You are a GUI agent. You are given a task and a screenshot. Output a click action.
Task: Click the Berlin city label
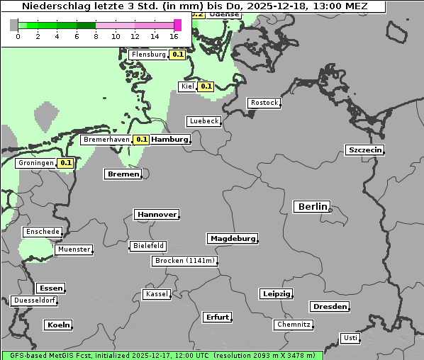pyautogui.click(x=312, y=207)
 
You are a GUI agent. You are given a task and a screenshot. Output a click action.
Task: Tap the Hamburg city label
pyautogui.click(x=170, y=140)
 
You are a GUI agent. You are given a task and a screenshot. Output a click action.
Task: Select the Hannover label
pyautogui.click(x=156, y=215)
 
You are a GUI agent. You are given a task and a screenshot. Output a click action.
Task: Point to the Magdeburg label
pyautogui.click(x=233, y=239)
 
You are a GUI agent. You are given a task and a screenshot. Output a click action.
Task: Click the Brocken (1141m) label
pyautogui.click(x=184, y=261)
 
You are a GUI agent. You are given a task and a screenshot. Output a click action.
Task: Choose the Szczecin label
pyautogui.click(x=365, y=150)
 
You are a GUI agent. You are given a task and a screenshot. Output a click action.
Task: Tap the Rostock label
pyautogui.click(x=264, y=103)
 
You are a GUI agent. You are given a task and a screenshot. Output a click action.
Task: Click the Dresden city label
pyautogui.click(x=329, y=307)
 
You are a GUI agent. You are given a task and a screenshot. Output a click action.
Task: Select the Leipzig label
pyautogui.click(x=277, y=294)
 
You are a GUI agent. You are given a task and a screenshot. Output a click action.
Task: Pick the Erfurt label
pyautogui.click(x=217, y=317)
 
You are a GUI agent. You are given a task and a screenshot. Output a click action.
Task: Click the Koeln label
pyautogui.click(x=58, y=325)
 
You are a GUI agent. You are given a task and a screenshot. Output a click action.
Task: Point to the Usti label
pyautogui.click(x=350, y=338)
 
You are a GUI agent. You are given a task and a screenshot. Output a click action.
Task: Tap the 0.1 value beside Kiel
pyautogui.click(x=206, y=86)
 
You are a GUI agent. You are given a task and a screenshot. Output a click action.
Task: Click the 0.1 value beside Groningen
pyautogui.click(x=66, y=163)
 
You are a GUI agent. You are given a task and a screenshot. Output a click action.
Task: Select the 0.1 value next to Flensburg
pyautogui.click(x=177, y=55)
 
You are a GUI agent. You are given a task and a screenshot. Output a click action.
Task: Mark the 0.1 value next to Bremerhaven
pyautogui.click(x=141, y=140)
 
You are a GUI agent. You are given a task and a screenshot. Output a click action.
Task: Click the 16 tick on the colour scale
pyautogui.click(x=174, y=36)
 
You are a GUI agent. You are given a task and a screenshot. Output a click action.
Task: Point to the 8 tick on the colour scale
pyautogui.click(x=96, y=36)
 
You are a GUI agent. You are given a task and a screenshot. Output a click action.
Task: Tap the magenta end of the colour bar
pyautogui.click(x=177, y=26)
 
